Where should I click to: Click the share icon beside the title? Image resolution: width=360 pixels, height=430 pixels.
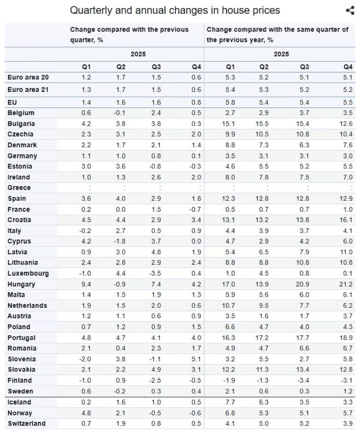350,10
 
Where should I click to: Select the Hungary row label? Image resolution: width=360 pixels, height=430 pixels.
21,285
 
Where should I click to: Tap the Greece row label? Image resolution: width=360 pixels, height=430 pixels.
19,188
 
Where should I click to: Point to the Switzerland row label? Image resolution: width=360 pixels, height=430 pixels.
27,423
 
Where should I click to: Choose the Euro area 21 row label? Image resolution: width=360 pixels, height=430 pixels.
28,90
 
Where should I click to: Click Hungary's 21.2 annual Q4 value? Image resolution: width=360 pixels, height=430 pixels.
346,284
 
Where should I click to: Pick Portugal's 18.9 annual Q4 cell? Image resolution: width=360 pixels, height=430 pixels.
346,338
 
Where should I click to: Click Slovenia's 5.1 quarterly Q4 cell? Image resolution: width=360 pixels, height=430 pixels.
196,359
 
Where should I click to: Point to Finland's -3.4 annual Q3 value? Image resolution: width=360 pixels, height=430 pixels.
303,380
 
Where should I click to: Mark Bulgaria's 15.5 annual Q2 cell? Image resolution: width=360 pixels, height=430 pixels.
262,124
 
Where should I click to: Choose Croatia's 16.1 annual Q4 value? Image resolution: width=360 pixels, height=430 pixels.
346,220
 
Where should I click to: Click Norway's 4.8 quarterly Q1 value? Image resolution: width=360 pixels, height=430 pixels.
86,413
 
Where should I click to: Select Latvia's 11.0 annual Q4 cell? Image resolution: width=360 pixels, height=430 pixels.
346,252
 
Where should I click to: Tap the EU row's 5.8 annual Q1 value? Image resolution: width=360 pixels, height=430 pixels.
230,103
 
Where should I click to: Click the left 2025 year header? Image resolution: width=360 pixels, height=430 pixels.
138,54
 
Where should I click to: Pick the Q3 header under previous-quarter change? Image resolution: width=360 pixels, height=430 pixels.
156,67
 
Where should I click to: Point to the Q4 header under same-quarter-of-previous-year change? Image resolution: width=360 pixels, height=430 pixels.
348,67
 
